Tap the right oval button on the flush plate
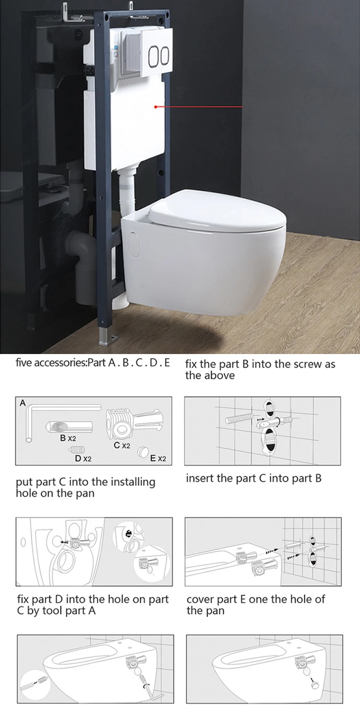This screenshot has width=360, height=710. click(x=165, y=56)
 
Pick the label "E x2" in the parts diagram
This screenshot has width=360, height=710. click(x=158, y=459)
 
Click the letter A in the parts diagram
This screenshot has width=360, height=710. click(x=23, y=403)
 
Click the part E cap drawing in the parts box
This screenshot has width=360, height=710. click(x=142, y=451)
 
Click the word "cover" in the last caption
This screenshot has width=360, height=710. click(x=199, y=599)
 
